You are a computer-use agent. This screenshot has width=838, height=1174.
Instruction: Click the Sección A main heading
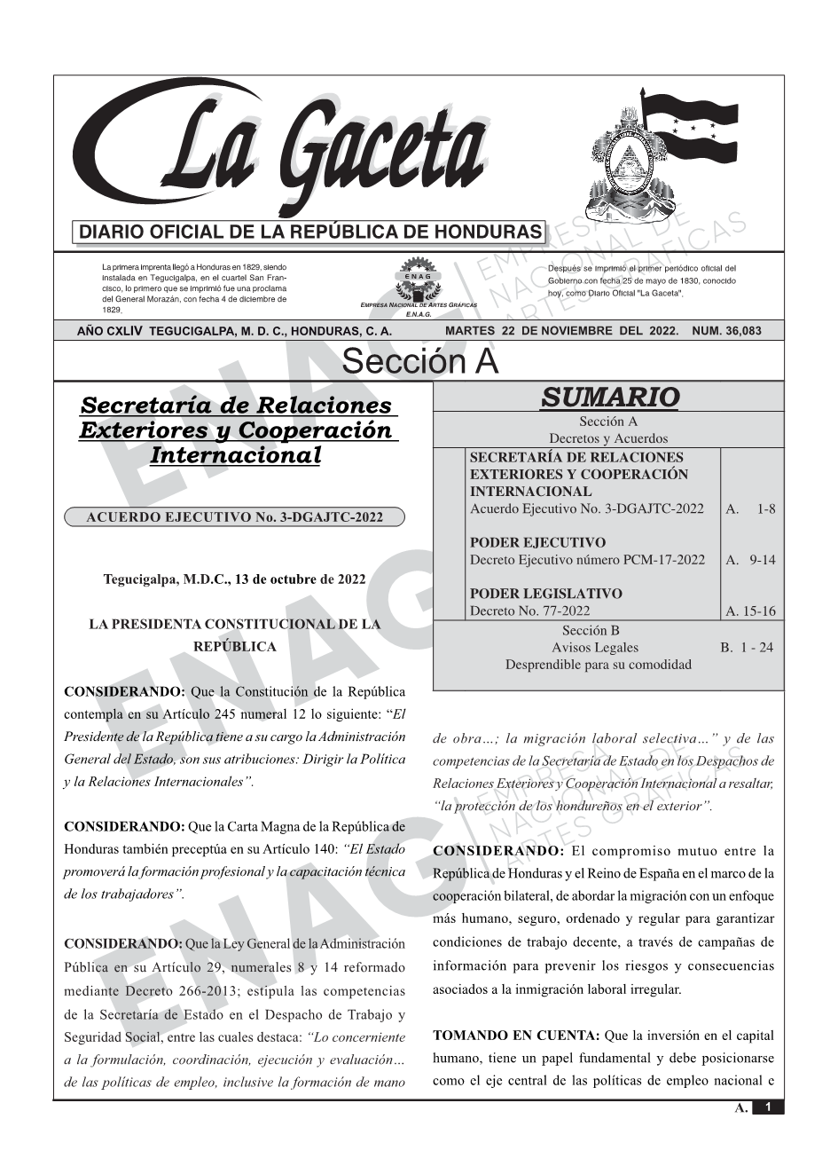tap(419, 362)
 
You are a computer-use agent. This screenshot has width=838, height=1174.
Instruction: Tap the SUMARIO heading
tap(609, 398)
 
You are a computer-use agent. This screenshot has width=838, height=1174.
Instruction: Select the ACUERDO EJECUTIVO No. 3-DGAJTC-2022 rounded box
tap(234, 517)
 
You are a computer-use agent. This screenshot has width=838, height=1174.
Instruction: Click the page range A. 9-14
tap(750, 560)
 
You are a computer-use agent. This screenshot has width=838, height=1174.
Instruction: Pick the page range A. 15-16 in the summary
tap(750, 611)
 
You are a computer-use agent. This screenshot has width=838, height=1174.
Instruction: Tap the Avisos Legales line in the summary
tap(595, 648)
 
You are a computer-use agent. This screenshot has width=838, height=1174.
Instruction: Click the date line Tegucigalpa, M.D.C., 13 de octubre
tap(234, 579)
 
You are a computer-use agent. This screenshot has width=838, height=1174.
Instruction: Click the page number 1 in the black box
tap(768, 1107)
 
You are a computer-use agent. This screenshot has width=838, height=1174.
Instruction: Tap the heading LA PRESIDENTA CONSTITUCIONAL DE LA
tap(234, 625)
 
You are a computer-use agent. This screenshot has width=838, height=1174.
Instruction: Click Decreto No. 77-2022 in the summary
tap(530, 611)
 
